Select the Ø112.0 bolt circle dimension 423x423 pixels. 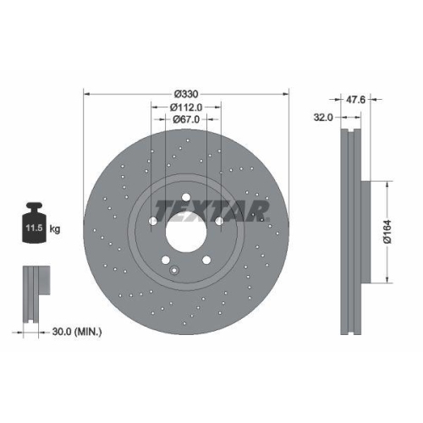pyautogui.click(x=186, y=107)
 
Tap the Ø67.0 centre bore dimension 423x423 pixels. pyautogui.click(x=186, y=120)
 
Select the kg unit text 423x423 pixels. pyautogui.click(x=55, y=228)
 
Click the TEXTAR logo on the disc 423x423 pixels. pyautogui.click(x=211, y=209)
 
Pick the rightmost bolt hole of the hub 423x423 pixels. pyautogui.click(x=219, y=222)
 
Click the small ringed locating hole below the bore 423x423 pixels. pyautogui.click(x=173, y=271)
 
